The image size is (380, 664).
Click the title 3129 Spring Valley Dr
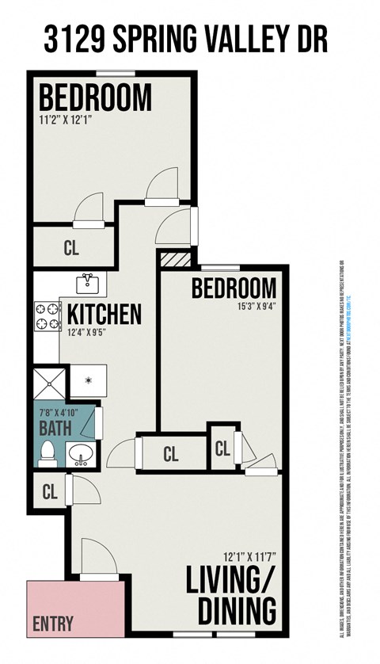coord(185,39)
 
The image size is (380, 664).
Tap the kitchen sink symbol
coord(88,283)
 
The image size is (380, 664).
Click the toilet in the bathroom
coord(47,452)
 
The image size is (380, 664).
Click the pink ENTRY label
coord(53,624)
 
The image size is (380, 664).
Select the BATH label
coord(55,429)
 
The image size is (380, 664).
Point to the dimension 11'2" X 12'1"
coord(72,121)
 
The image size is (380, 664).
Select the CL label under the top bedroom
coord(71,248)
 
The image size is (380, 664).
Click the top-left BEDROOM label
coord(95,98)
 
